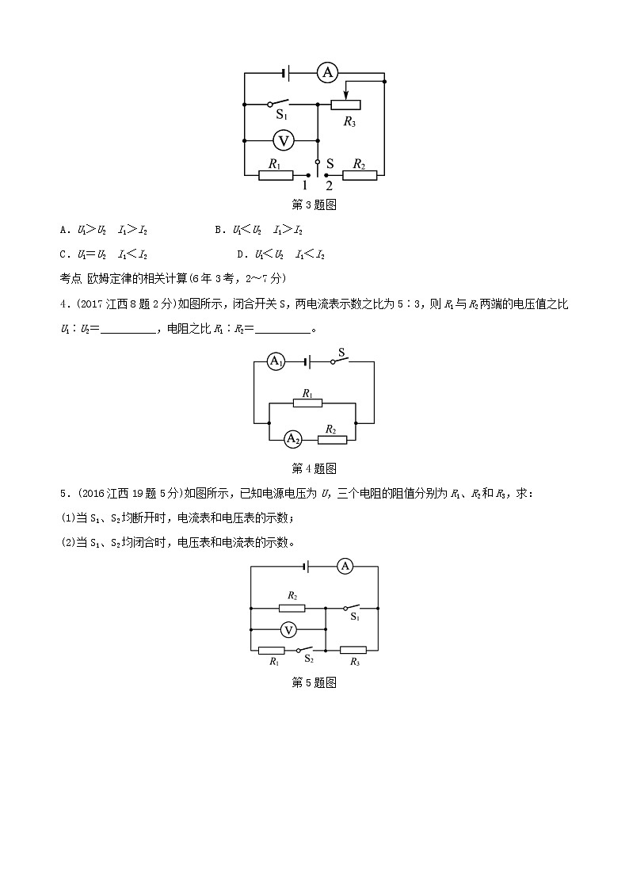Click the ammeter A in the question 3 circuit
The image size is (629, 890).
(x=327, y=74)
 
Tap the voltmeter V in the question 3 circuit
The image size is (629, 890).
(x=284, y=140)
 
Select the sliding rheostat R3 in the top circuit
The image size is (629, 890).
(x=345, y=104)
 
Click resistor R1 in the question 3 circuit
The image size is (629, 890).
(x=276, y=174)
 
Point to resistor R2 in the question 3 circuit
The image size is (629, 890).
(x=360, y=174)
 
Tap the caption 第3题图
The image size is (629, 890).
(x=314, y=204)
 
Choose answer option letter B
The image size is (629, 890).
(x=219, y=230)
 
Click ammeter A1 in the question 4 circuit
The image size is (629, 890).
(x=275, y=361)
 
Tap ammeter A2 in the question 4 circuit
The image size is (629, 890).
(x=292, y=438)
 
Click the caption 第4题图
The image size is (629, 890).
(x=314, y=468)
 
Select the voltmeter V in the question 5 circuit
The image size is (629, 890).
(x=289, y=629)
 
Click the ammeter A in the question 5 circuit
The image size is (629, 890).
(x=345, y=566)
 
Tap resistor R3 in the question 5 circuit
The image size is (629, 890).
(x=353, y=650)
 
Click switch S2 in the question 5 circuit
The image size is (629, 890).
(x=307, y=650)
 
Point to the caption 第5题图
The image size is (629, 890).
(x=314, y=682)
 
